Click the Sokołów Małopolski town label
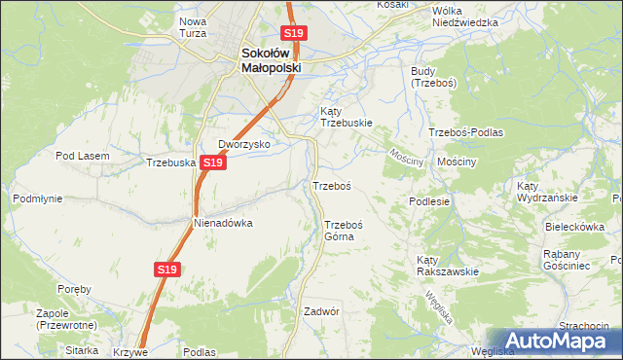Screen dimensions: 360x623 272,60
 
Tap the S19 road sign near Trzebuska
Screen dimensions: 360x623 214,162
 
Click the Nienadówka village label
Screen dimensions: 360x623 223,223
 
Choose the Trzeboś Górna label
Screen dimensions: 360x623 344,230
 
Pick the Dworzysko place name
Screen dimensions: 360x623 243,144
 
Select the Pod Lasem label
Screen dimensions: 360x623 79,156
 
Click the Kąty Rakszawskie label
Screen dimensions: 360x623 447,266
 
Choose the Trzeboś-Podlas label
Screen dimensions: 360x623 465,131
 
